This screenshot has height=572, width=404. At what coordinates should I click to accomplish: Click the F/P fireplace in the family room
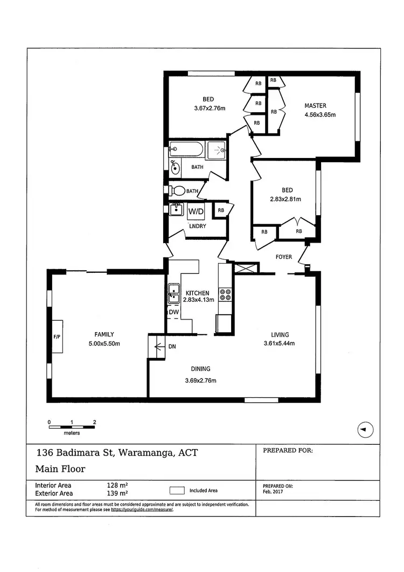(x=57, y=336)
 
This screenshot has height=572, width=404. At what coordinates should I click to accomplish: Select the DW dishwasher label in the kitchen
(x=173, y=312)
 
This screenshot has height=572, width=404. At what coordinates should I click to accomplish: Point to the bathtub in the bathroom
(x=186, y=149)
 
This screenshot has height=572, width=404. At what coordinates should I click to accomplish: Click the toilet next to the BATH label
(x=176, y=190)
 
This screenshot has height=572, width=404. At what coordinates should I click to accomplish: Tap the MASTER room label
(x=315, y=106)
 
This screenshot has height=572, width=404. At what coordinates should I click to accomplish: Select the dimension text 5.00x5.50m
(x=104, y=344)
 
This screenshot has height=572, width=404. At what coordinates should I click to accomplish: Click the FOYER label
(x=283, y=257)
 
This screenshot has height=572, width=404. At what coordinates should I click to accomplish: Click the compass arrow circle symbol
(x=365, y=430)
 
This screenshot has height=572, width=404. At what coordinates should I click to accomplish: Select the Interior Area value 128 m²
(x=117, y=485)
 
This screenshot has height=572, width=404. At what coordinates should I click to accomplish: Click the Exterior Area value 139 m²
(x=117, y=493)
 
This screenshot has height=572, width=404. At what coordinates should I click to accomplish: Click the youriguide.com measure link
(x=142, y=509)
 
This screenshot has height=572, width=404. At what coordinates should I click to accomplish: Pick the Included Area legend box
(x=177, y=491)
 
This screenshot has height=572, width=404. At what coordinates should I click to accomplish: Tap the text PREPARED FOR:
(x=288, y=450)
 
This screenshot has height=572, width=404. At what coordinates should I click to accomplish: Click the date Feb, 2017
(x=274, y=492)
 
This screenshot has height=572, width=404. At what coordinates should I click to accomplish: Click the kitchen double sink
(x=173, y=292)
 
